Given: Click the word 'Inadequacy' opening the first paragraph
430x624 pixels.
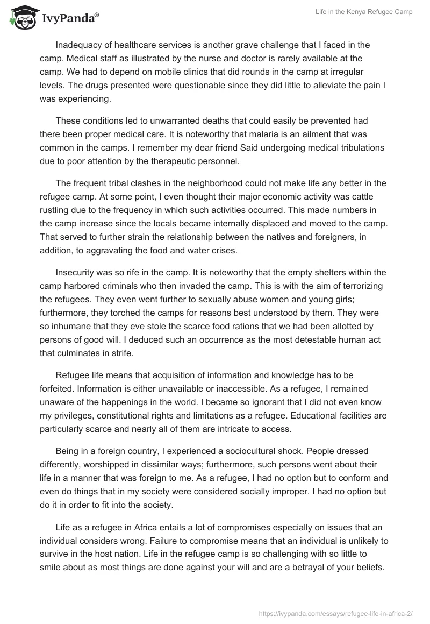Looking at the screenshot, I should pyautogui.click(x=79, y=45).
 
